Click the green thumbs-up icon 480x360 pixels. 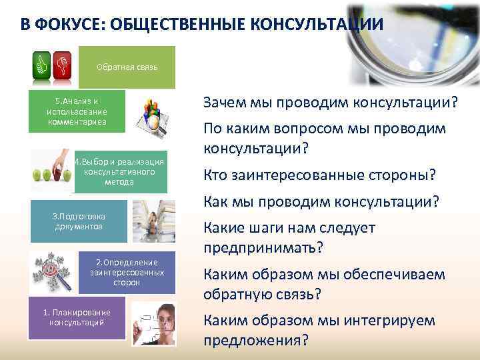pos(43,65)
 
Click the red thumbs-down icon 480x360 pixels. pos(62,65)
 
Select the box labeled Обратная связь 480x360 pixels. pos(127,67)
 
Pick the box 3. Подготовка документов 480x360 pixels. pos(79,221)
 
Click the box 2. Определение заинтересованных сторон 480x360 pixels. pos(127,272)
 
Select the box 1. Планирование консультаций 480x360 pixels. pos(77,317)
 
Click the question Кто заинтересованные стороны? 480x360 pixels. pos(319,175)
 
